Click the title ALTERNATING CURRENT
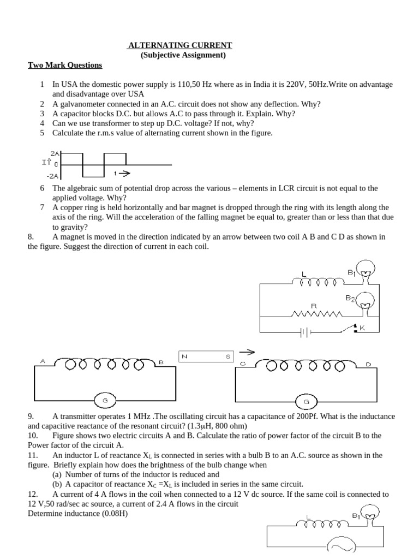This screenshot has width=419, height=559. pyautogui.click(x=179, y=45)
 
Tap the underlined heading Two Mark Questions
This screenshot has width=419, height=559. pyautogui.click(x=65, y=66)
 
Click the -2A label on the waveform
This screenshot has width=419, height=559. pyautogui.click(x=53, y=176)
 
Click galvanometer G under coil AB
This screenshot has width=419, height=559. pyautogui.click(x=105, y=401)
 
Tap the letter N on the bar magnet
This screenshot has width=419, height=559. pyautogui.click(x=185, y=356)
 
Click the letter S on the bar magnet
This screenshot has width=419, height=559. pyautogui.click(x=228, y=356)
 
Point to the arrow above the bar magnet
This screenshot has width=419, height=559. pyautogui.click(x=247, y=352)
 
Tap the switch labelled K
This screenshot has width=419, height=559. pyautogui.click(x=358, y=328)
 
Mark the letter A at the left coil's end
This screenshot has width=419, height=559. pyautogui.click(x=43, y=361)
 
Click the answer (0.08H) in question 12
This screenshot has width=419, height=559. pyautogui.click(x=108, y=514)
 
